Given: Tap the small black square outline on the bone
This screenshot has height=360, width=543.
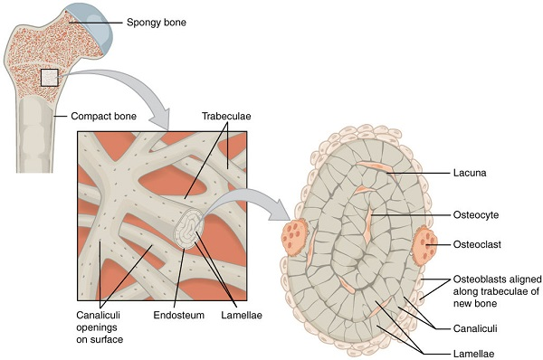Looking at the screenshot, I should click(49, 77).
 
